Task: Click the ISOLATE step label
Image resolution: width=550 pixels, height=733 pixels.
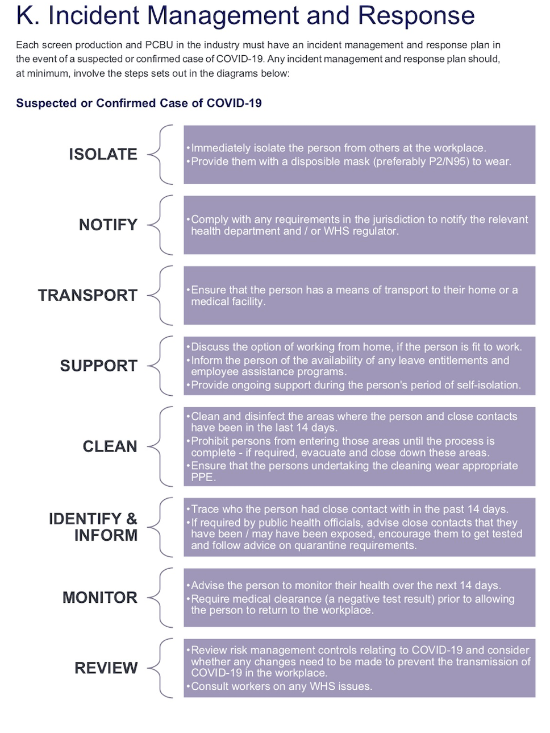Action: tap(103, 154)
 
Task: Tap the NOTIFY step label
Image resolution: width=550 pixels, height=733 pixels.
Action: tap(108, 225)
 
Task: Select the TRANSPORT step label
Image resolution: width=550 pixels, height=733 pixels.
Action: tap(88, 295)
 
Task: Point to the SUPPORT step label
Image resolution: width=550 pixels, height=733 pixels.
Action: tap(98, 366)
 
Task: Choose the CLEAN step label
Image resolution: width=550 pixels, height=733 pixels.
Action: tap(110, 446)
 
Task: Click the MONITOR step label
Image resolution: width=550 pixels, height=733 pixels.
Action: tap(99, 598)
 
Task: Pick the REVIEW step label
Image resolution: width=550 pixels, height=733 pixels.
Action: tap(106, 668)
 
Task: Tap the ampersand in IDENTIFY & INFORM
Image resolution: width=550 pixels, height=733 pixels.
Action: tap(132, 519)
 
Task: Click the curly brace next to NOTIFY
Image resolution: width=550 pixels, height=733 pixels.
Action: tap(160, 225)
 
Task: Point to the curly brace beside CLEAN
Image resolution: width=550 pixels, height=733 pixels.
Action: tap(160, 446)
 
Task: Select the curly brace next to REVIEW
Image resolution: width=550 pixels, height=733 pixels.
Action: tap(160, 668)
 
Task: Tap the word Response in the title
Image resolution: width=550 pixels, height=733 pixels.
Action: tap(416, 16)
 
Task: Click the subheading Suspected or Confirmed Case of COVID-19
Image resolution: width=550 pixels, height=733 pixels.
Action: tap(139, 103)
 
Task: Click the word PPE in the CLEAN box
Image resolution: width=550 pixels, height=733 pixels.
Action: tap(202, 477)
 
